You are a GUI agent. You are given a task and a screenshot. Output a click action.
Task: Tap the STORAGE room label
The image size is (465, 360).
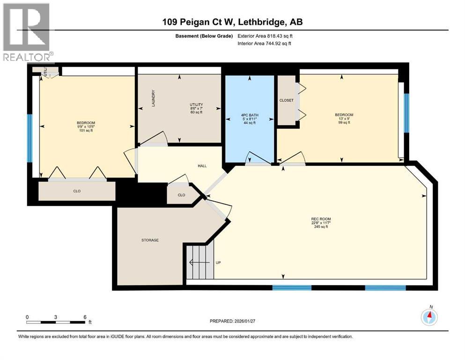(x=150, y=240)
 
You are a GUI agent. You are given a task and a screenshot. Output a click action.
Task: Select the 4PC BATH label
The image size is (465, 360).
(x=250, y=115)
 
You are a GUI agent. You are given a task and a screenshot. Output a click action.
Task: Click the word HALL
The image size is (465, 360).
(x=202, y=166)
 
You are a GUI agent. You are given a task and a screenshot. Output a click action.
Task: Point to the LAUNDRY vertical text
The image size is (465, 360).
(x=153, y=99)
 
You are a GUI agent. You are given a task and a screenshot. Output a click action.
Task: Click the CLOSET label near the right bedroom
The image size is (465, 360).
(x=286, y=100)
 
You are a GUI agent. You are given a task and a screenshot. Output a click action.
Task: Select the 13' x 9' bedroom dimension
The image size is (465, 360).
(x=344, y=119)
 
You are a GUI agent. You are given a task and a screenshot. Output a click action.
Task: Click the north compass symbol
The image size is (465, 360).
(x=429, y=317)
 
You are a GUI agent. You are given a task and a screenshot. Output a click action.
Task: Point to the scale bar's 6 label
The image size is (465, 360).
(x=85, y=317)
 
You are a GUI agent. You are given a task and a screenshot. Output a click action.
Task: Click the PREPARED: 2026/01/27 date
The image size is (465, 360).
(x=232, y=321)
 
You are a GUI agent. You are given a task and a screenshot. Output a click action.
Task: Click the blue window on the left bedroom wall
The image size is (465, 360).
(x=30, y=138)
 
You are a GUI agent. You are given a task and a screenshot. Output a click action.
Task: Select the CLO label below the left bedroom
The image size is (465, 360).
(x=76, y=191)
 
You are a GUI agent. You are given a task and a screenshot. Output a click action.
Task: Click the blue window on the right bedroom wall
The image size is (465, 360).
(x=406, y=113)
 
